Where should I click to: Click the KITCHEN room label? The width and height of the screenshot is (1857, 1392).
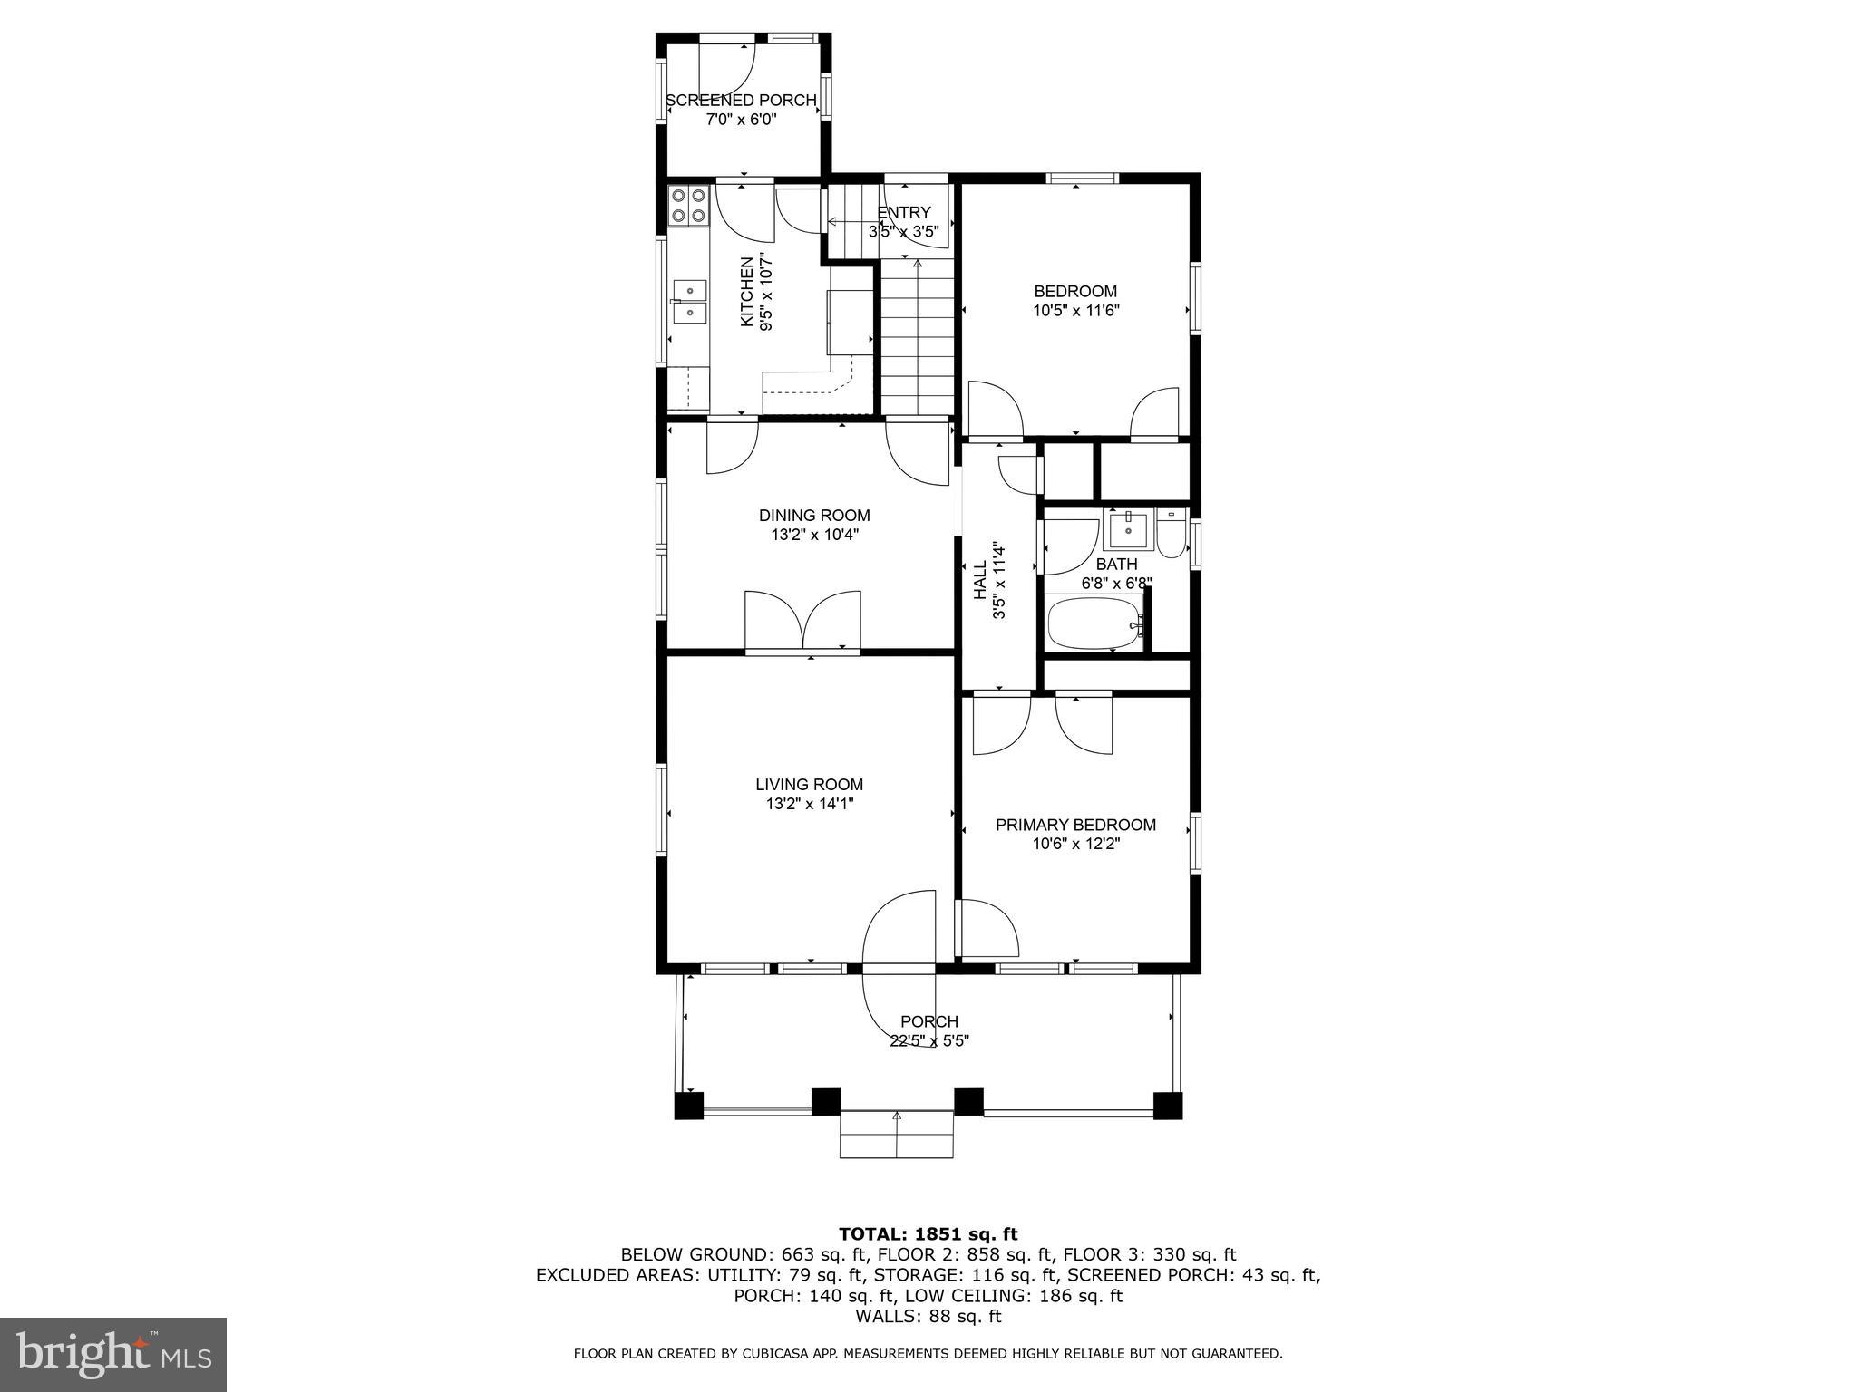pyautogui.click(x=746, y=292)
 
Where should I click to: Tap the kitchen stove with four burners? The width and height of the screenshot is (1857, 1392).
pyautogui.click(x=688, y=206)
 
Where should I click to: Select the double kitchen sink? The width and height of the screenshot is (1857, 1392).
pyautogui.click(x=690, y=302)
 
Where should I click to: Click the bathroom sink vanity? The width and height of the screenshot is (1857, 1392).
pyautogui.click(x=1128, y=528)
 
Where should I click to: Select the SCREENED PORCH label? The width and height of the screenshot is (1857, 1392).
pyautogui.click(x=741, y=101)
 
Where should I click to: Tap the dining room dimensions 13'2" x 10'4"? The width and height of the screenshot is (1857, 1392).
pyautogui.click(x=814, y=535)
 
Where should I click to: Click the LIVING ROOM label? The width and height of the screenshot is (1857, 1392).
pyautogui.click(x=809, y=785)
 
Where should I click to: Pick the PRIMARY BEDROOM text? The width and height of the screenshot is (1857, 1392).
pyautogui.click(x=1075, y=825)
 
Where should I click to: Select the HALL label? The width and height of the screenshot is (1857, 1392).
pyautogui.click(x=980, y=580)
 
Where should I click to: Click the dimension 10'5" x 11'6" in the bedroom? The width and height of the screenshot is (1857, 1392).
pyautogui.click(x=1075, y=311)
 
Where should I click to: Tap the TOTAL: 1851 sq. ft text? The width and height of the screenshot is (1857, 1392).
pyautogui.click(x=928, y=1233)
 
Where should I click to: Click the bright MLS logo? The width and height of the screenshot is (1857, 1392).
pyautogui.click(x=113, y=1355)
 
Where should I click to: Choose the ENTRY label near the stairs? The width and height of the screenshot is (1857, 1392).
pyautogui.click(x=904, y=212)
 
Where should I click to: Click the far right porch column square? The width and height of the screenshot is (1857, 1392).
pyautogui.click(x=1167, y=1106)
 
